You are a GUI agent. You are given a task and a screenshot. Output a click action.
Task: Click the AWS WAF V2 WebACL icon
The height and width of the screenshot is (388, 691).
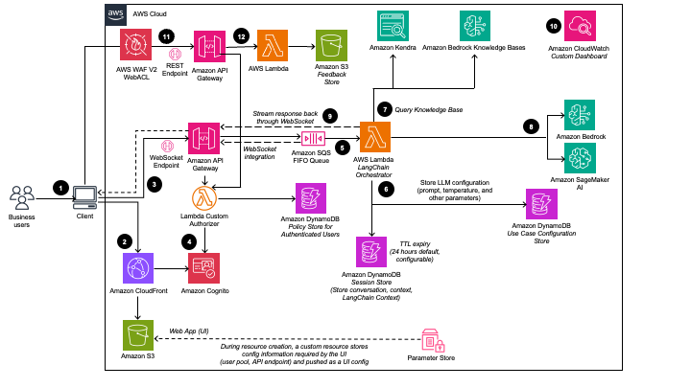[137, 45]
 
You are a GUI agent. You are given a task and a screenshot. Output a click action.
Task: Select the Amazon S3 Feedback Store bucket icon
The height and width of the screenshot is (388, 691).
[332, 45]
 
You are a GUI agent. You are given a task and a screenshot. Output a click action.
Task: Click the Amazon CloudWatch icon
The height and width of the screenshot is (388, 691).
[584, 28]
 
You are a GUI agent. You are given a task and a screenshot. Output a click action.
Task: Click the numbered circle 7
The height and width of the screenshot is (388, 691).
[385, 109]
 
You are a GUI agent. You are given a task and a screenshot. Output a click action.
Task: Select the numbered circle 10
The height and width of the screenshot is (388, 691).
[553, 26]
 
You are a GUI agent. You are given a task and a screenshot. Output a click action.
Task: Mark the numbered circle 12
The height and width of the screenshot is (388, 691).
[240, 35]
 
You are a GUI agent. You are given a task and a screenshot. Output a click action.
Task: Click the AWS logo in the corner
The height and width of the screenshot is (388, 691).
[115, 13]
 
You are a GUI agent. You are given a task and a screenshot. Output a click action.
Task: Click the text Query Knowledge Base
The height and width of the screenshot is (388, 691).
[429, 110]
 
